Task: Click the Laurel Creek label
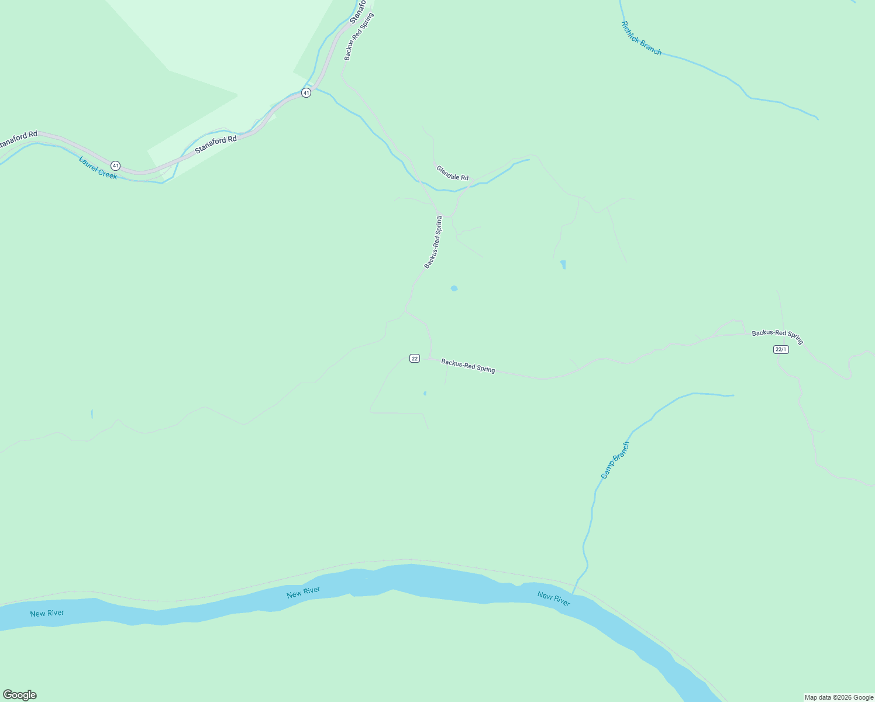(98, 168)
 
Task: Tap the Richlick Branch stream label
(641, 39)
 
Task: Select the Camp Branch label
(615, 460)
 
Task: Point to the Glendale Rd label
(452, 173)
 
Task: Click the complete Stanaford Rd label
(216, 144)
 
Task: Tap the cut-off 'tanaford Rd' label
(18, 139)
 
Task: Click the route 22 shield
(415, 358)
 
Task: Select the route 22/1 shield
(781, 349)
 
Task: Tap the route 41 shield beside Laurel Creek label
(115, 166)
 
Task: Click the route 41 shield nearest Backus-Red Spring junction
(306, 93)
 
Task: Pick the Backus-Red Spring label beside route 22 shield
(468, 366)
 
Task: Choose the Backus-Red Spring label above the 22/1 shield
(777, 336)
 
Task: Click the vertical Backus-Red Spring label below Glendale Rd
(433, 242)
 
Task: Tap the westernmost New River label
(47, 614)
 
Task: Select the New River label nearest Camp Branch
(553, 599)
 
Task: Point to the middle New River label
(303, 592)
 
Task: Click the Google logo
(20, 695)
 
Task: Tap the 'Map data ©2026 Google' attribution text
(839, 697)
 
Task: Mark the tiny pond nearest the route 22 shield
(425, 393)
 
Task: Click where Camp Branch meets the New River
(573, 593)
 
